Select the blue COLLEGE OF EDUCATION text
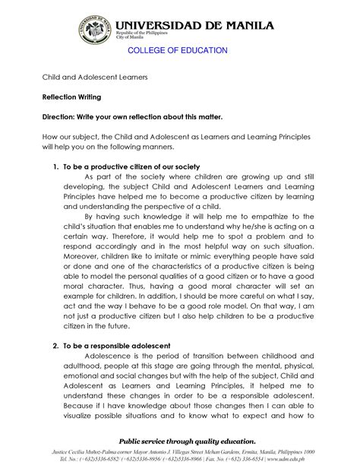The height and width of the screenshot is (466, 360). point(177,50)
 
